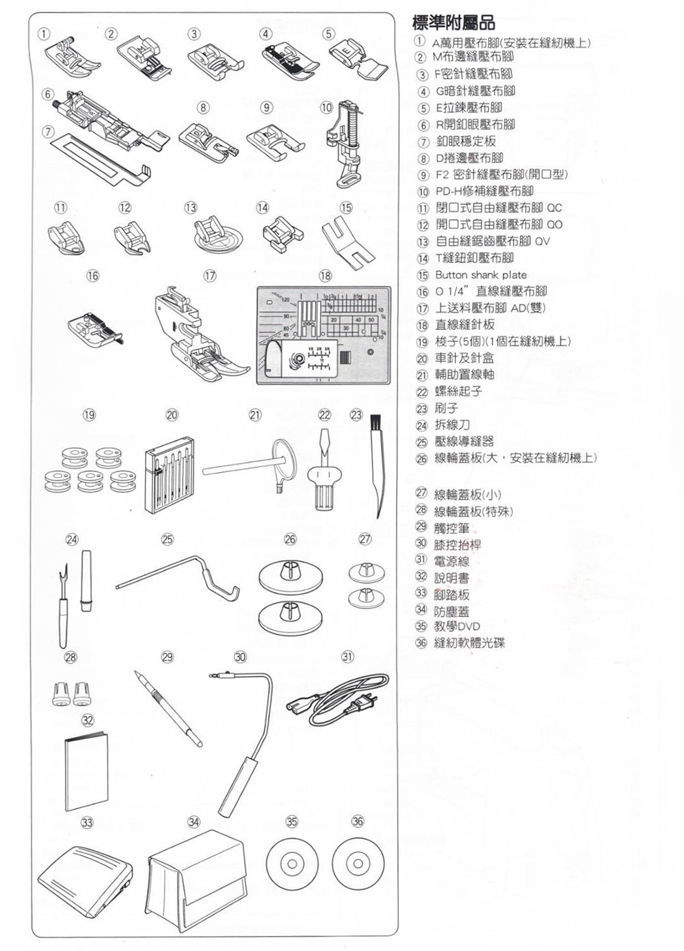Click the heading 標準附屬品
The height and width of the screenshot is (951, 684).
[453, 23]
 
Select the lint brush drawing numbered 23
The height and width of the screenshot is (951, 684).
[377, 466]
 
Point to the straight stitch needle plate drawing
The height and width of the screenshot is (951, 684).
[324, 335]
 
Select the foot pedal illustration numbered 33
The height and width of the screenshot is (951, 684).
[86, 878]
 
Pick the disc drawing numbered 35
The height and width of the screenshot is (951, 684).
[292, 863]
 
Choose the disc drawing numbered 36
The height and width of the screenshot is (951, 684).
[358, 863]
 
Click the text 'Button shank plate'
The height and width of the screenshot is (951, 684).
[481, 275]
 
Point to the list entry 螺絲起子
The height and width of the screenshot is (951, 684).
[459, 391]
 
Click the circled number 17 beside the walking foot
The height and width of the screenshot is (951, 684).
[210, 276]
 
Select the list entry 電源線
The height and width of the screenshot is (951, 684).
[451, 561]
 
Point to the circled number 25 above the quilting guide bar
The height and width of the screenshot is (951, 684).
[168, 539]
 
